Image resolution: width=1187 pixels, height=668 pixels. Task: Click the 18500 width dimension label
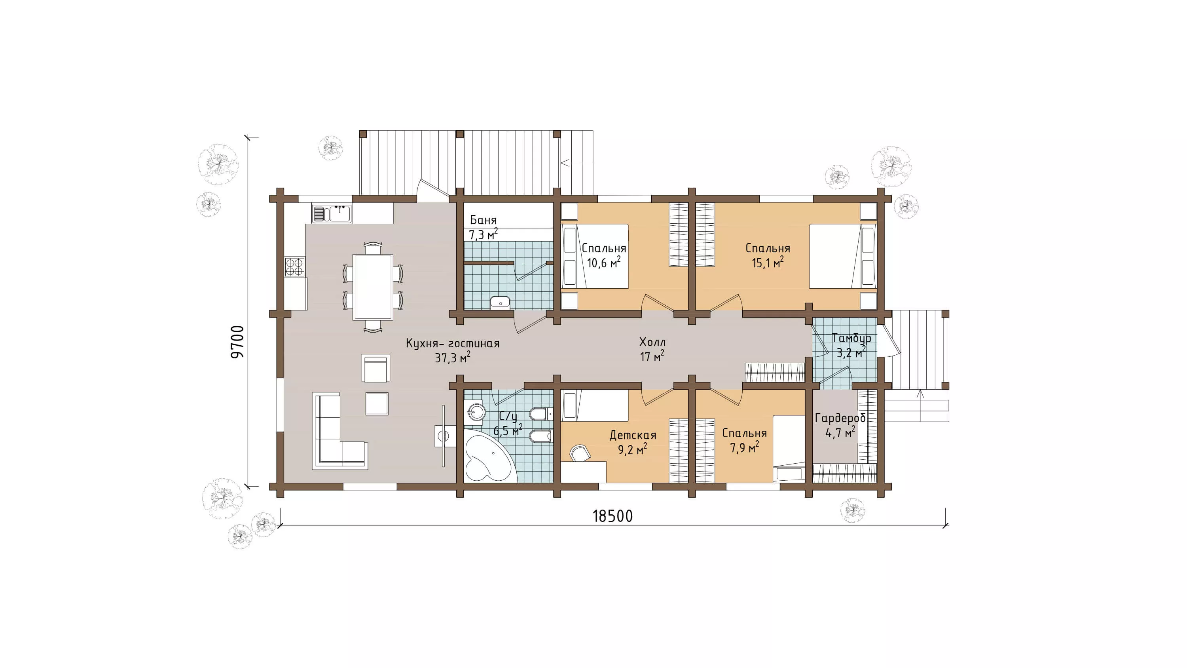(x=612, y=516)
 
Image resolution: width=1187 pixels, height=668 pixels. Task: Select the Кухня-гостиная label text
(x=453, y=343)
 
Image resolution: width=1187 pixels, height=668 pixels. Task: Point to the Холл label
(x=652, y=342)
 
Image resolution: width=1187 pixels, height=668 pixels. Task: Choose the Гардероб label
(x=840, y=418)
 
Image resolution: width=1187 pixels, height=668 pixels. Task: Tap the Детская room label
(x=633, y=435)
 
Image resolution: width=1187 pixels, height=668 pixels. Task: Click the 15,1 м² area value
(x=768, y=263)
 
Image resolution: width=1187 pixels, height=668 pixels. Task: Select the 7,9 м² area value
(x=744, y=447)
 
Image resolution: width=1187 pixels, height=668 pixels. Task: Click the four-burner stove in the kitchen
(x=295, y=267)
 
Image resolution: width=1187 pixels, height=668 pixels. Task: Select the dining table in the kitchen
(x=373, y=287)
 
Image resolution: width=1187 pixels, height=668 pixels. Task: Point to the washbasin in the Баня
(x=500, y=303)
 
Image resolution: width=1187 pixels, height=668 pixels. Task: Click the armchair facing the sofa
(x=375, y=368)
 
